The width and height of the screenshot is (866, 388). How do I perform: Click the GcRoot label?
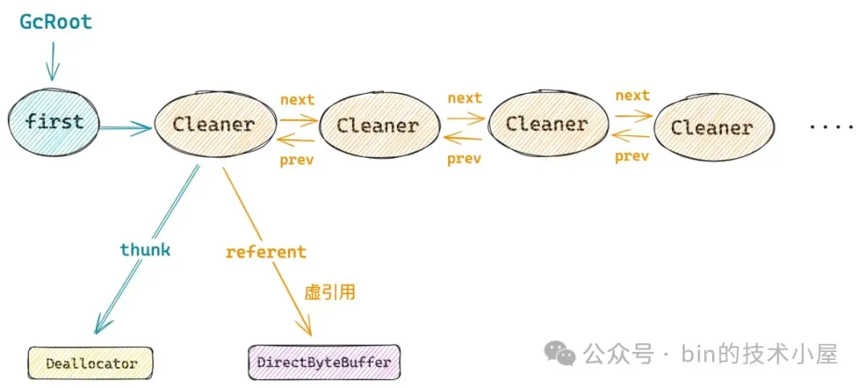point(56,22)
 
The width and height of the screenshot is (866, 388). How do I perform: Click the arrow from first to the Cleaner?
point(125,128)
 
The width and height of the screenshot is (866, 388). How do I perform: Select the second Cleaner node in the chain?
point(378,126)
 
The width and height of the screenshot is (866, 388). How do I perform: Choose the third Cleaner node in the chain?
point(546,124)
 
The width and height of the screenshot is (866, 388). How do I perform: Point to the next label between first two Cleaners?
point(297,100)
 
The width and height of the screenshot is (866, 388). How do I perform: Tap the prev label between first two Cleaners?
point(297,160)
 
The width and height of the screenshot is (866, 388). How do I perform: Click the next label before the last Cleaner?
point(633,95)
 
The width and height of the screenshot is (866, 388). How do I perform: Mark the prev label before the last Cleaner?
point(632,156)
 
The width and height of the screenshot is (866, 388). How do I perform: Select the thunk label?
point(145,249)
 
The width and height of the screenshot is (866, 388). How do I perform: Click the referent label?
point(265,253)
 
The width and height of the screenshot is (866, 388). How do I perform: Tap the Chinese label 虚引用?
point(330,293)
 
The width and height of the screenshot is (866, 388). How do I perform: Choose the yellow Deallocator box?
point(91,364)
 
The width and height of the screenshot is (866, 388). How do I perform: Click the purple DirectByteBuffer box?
point(324,362)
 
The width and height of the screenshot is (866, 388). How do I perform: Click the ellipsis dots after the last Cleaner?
point(832,127)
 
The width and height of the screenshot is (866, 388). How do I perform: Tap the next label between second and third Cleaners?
point(464,99)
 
